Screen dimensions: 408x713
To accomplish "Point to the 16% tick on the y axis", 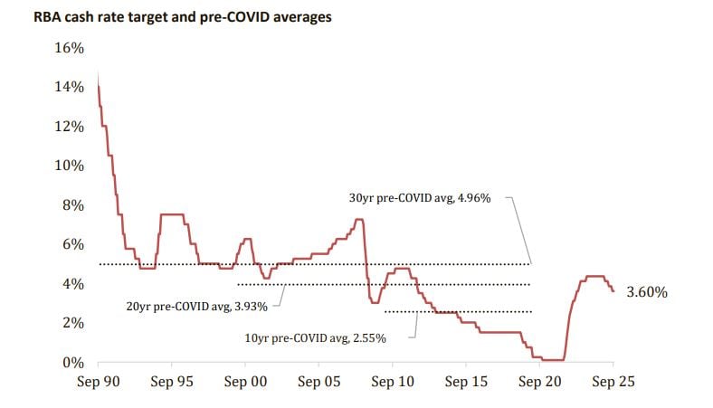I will click(x=71, y=48).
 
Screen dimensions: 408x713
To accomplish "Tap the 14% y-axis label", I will click(x=71, y=87).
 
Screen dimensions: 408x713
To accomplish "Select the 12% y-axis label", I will click(x=71, y=127).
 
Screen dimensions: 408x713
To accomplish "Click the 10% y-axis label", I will click(x=71, y=166).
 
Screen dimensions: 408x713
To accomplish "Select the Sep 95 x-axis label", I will click(x=171, y=382).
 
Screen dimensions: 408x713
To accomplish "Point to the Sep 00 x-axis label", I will click(x=245, y=382).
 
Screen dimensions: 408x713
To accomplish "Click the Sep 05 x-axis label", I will click(x=318, y=382).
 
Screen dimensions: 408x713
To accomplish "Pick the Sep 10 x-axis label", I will click(x=392, y=382).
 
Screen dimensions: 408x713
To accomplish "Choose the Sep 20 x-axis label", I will click(x=539, y=382).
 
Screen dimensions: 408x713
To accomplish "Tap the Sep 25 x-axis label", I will click(x=613, y=382).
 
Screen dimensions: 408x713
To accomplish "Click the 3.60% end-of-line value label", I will click(x=646, y=292).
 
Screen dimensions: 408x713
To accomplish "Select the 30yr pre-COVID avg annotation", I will click(x=420, y=198).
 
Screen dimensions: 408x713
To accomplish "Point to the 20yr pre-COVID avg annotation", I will click(x=196, y=306).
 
